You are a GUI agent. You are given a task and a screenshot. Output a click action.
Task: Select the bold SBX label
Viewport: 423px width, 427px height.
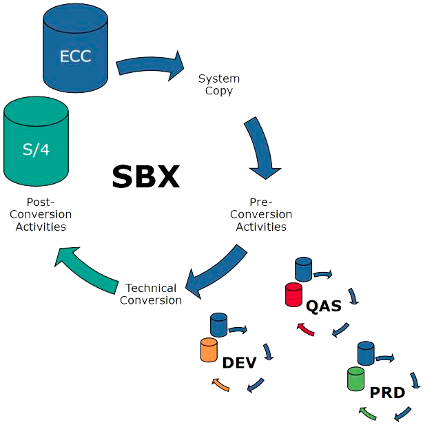coord(145,177)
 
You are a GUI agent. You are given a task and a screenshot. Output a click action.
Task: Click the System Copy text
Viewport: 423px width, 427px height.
coord(219,85)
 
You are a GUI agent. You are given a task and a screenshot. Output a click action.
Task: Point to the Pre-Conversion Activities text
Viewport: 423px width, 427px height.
coord(261,215)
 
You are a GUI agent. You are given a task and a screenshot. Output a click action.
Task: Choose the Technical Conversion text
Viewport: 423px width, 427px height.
coord(151,294)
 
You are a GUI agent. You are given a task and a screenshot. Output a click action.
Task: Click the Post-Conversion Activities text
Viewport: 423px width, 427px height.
coord(40,215)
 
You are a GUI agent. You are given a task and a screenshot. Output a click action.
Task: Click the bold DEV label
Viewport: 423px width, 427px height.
coord(239,362)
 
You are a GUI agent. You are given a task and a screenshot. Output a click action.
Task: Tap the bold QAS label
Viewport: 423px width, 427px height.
coord(324,305)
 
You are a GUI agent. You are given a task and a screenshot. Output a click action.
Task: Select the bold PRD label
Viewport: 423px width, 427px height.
coord(387,393)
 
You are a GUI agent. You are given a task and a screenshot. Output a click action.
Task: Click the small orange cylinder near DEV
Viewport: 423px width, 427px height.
coord(209,350)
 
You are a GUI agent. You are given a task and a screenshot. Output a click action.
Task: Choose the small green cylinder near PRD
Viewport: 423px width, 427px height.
coord(356,379)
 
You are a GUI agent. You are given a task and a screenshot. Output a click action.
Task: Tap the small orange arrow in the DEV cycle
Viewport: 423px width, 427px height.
coord(220,384)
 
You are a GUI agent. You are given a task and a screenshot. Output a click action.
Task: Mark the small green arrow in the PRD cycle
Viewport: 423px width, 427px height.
coord(367,413)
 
